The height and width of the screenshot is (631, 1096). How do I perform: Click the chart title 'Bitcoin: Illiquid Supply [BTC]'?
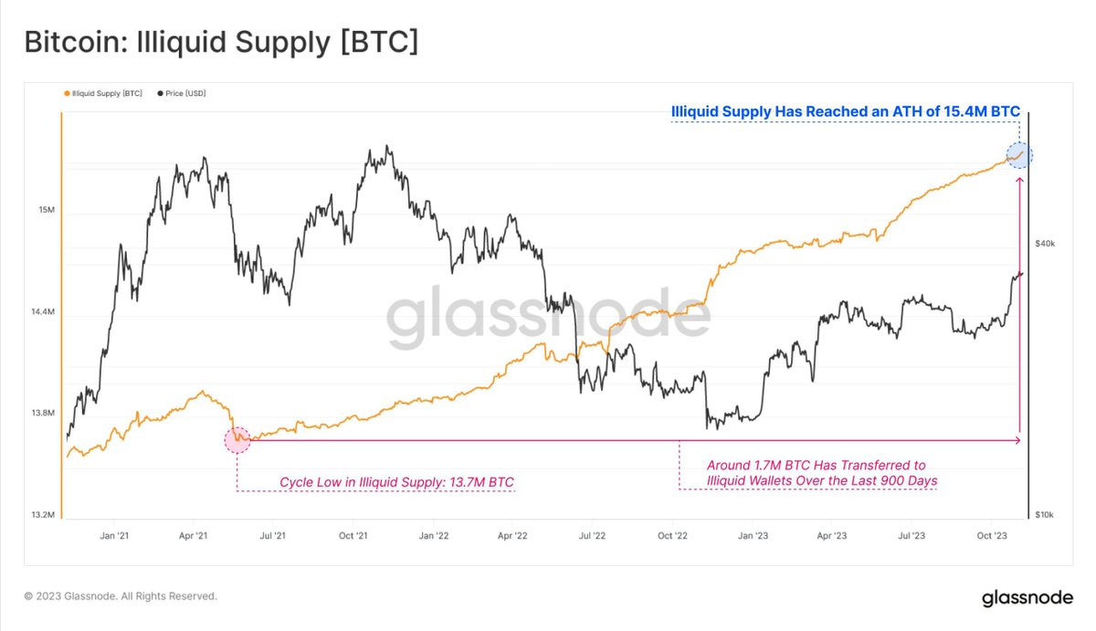220,42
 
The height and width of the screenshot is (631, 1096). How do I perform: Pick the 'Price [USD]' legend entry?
183,93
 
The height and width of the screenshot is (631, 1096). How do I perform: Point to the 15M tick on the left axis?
46,211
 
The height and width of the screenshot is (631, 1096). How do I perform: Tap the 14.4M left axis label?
42,312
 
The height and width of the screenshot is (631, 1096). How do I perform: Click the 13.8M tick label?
42,414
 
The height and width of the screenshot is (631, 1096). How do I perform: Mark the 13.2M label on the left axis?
42,515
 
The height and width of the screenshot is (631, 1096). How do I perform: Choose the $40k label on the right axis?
1045,244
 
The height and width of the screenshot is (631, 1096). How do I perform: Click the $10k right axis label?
1045,515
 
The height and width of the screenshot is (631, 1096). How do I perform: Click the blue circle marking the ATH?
1018,155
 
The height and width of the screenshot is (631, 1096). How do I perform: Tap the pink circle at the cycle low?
237,440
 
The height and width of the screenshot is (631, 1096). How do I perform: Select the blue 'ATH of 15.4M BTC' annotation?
845,111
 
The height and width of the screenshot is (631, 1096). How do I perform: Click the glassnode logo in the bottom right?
1027,599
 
